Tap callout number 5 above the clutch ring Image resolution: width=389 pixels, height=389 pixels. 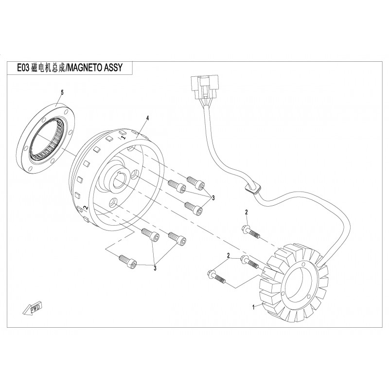[62, 92]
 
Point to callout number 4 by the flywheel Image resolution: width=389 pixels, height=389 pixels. [147, 118]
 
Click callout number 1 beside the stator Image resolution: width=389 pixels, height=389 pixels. [253, 307]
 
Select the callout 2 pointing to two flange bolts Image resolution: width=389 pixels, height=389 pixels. [228, 255]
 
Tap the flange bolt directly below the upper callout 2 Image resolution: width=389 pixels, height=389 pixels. [249, 232]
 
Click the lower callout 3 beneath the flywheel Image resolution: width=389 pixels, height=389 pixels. [155, 266]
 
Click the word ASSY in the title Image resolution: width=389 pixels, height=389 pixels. [116, 69]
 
